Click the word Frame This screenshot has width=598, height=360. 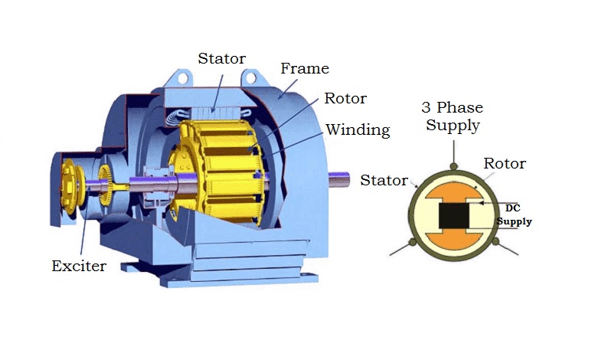point(304,68)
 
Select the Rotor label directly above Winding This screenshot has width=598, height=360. point(345,98)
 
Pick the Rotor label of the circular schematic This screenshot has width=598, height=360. point(504,163)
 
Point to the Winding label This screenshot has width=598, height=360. point(358,129)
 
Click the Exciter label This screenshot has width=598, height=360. point(79,267)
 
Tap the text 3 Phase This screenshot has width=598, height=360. point(454,108)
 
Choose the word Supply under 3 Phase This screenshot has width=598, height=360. point(453,125)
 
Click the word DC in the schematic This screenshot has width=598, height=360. point(513,207)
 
